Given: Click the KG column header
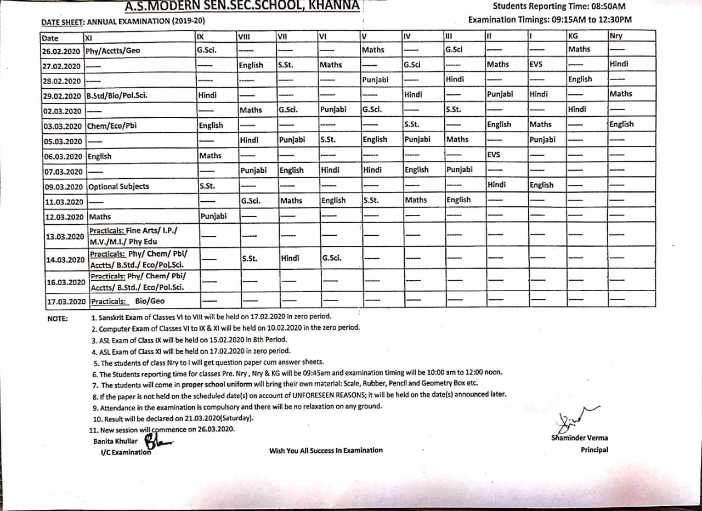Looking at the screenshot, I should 573,36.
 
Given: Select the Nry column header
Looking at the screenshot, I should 616,36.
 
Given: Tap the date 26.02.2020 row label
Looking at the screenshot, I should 61,51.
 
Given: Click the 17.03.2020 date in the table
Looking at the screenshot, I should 65,302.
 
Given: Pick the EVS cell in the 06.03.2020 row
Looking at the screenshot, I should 494,155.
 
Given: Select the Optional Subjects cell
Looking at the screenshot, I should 118,186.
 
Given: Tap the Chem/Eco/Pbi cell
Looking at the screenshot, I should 112,126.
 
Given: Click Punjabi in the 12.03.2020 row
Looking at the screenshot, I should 213,216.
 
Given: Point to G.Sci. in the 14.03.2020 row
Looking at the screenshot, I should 333,257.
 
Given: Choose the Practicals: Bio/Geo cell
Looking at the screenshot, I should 128,301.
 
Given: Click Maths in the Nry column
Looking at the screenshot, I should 621,94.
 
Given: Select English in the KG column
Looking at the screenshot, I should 580,79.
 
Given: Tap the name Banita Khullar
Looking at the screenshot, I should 115,441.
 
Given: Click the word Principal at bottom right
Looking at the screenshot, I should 595,450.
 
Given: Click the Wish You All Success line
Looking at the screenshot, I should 326,450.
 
